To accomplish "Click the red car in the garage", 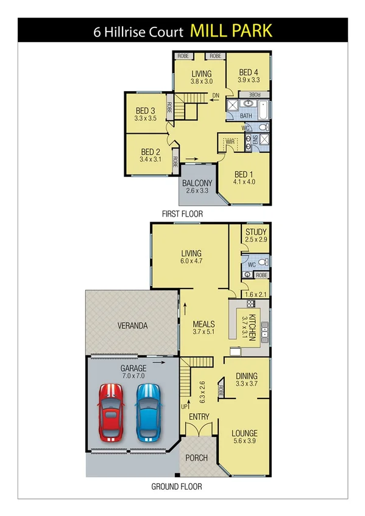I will (x=112, y=413).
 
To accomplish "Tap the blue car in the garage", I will (x=149, y=413).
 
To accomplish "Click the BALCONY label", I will (x=197, y=183).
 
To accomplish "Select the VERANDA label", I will (x=132, y=326).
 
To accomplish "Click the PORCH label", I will (x=196, y=458).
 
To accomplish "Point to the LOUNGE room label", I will (x=245, y=434).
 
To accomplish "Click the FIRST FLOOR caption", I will (x=182, y=214).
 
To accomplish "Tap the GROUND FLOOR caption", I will (x=177, y=486).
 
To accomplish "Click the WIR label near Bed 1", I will (x=230, y=141).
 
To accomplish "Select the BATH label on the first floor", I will (x=246, y=116).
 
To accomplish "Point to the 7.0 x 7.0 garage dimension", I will (x=133, y=377).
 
